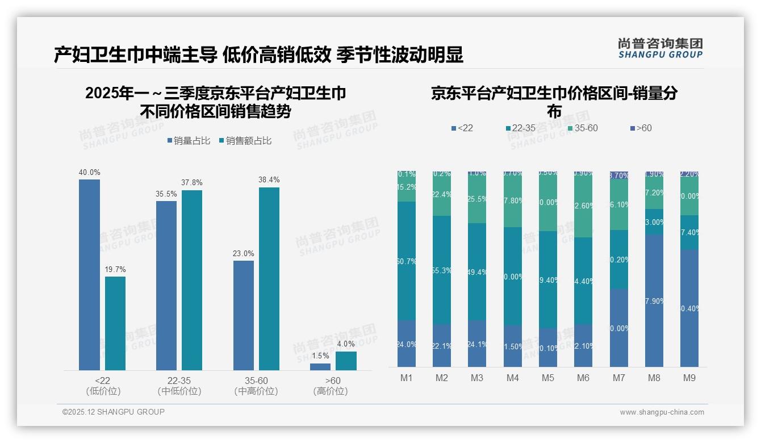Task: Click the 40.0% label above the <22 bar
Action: [89, 172]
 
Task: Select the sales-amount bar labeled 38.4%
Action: [269, 278]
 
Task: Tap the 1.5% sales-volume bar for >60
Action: [320, 367]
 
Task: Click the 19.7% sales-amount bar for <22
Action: [115, 323]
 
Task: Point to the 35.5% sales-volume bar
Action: [166, 285]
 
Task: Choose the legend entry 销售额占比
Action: [245, 141]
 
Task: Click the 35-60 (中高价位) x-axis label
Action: [256, 386]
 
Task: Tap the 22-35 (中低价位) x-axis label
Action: [179, 386]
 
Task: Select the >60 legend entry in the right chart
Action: [641, 128]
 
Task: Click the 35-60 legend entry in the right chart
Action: [582, 128]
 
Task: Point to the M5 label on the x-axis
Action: [547, 378]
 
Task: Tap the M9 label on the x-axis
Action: [689, 378]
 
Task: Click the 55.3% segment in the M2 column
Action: [442, 270]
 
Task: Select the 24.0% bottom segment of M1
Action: [407, 344]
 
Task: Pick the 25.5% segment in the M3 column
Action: [477, 199]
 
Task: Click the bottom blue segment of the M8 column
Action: [654, 300]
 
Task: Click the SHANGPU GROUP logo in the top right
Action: [660, 48]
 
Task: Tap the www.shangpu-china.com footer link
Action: [662, 412]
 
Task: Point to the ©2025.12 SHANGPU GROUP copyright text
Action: [114, 412]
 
